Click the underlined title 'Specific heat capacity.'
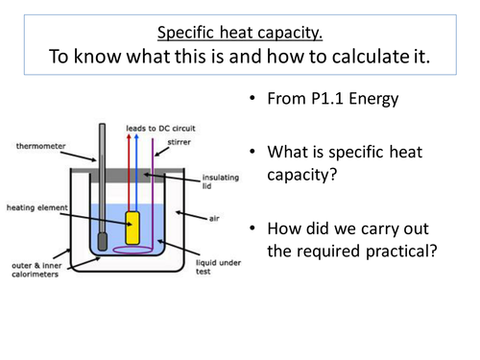pos(240,26)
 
